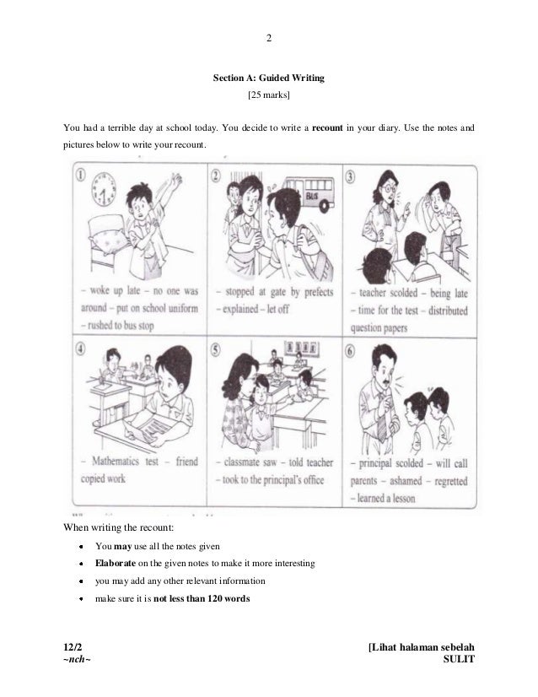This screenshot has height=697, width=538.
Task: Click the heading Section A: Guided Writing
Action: click(x=268, y=78)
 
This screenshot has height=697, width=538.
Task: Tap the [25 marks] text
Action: click(x=268, y=95)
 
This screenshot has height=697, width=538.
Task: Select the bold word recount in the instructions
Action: click(x=330, y=128)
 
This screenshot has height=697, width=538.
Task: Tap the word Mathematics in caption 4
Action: click(x=107, y=462)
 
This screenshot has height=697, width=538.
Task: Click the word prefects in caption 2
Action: click(x=314, y=293)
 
